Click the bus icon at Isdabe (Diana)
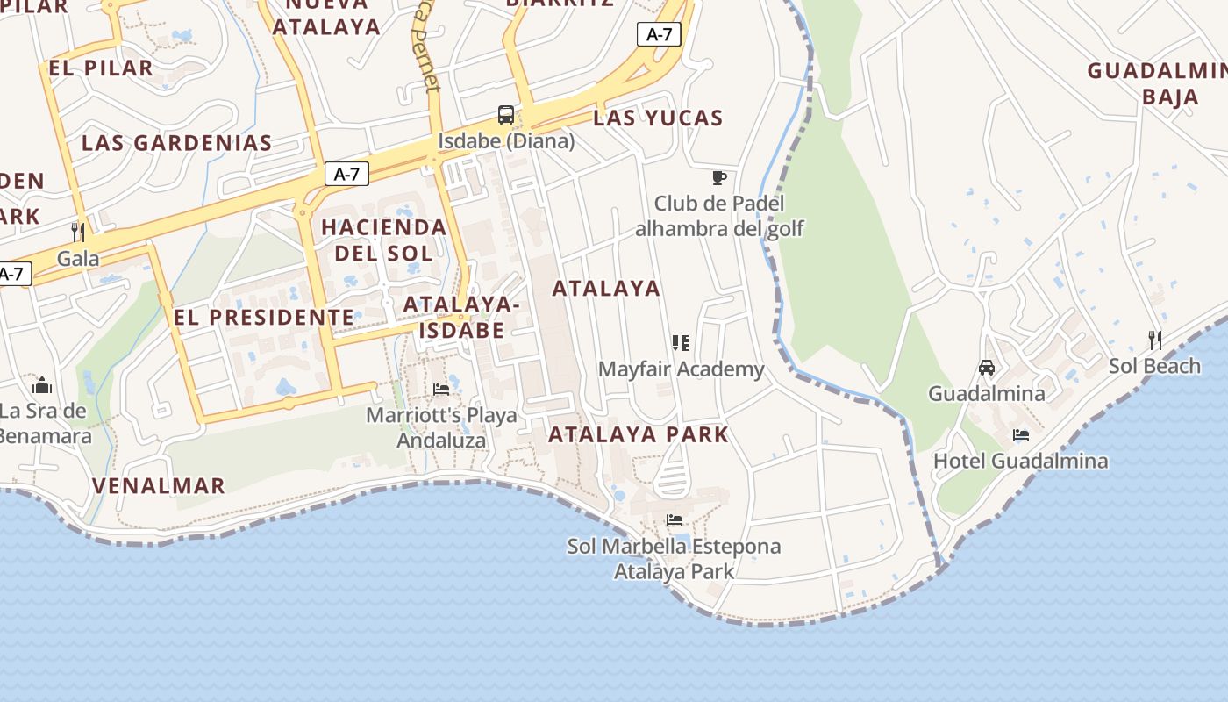pyautogui.click(x=506, y=114)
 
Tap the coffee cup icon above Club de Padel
pyautogui.click(x=719, y=178)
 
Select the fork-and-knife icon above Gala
pyautogui.click(x=79, y=232)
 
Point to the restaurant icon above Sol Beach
pyautogui.click(x=1155, y=340)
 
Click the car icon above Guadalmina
pyautogui.click(x=987, y=367)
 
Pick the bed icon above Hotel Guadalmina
pyautogui.click(x=1020, y=434)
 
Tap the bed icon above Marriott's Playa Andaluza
pyautogui.click(x=441, y=389)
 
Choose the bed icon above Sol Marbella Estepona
pyautogui.click(x=674, y=520)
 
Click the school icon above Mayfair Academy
pyautogui.click(x=681, y=342)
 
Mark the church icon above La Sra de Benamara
pyautogui.click(x=42, y=385)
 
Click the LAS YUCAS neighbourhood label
pyautogui.click(x=658, y=118)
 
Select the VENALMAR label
pyautogui.click(x=159, y=485)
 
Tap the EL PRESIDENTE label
pyautogui.click(x=264, y=318)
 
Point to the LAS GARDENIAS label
pyautogui.click(x=177, y=143)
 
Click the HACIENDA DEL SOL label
pyautogui.click(x=384, y=240)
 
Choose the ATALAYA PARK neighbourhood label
pyautogui.click(x=639, y=434)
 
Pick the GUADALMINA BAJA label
pyautogui.click(x=1158, y=83)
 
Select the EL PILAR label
pyautogui.click(x=102, y=68)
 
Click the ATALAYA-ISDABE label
pyautogui.click(x=462, y=317)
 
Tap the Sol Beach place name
pyautogui.click(x=1154, y=366)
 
